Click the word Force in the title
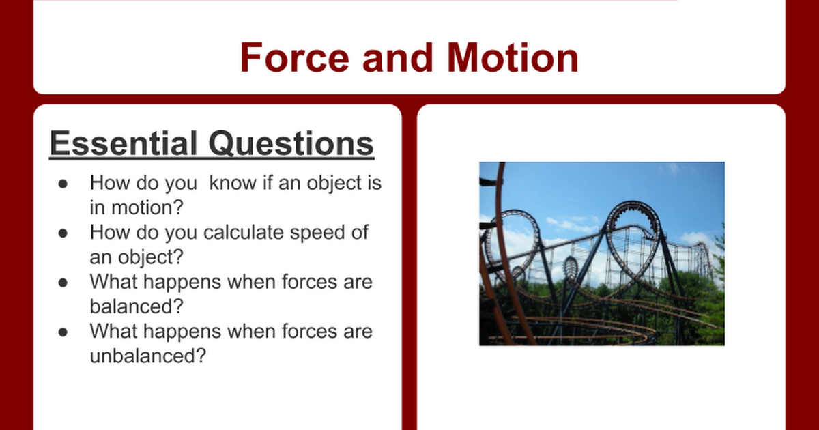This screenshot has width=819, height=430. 295,57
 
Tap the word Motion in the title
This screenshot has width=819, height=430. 513,57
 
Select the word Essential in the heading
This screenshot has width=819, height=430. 124,143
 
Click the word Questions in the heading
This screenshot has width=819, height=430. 291,143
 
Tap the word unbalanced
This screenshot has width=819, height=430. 147,355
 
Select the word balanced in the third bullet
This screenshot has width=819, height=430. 136,306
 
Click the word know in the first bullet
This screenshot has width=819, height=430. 233,182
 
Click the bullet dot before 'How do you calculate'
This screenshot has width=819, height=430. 63,233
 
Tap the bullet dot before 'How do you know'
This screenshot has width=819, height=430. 63,184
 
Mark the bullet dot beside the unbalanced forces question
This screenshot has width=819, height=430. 63,332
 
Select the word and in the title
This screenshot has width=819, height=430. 398,57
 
